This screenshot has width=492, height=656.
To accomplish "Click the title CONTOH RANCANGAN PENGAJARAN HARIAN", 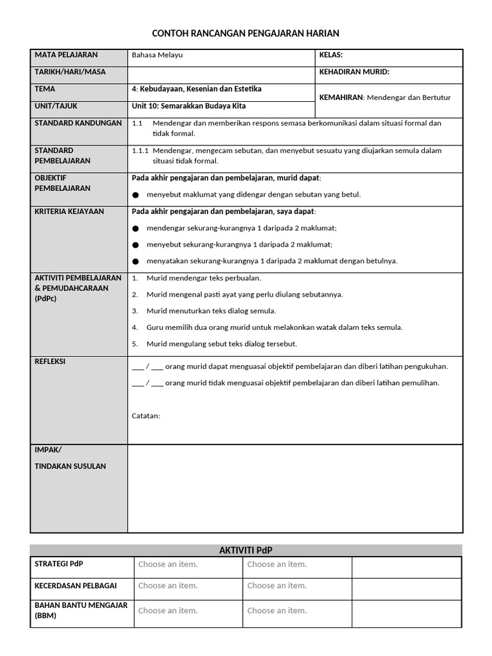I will tap(246, 33).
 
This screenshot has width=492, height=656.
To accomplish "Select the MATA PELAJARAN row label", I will tap(66, 55).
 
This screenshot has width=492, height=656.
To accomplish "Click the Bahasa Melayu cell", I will tap(157, 55).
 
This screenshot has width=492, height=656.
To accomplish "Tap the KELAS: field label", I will tap(331, 55).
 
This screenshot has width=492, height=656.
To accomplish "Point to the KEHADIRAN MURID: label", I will tap(354, 72).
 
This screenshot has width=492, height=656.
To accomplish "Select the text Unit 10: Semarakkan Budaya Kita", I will tap(188, 106).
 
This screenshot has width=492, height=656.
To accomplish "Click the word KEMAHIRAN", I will tap(341, 97).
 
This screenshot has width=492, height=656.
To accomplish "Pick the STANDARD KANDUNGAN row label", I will tap(78, 123).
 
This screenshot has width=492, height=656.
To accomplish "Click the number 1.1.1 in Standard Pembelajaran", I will tap(140, 151).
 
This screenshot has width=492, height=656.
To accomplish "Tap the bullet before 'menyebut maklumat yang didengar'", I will tap(135, 195).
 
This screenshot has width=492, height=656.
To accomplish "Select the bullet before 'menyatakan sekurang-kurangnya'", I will tap(135, 261).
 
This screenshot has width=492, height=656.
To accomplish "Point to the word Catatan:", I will tap(146, 416).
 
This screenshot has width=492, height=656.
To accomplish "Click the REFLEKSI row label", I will tap(50, 361).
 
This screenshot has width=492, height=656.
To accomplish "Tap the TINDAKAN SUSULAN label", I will tap(70, 466).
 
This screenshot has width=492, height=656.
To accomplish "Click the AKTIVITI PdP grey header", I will tap(246, 550).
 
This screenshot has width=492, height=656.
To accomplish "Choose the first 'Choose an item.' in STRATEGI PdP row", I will tap(168, 564).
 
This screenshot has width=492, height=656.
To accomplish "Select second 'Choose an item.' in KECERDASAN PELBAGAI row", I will tap(277, 586).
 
